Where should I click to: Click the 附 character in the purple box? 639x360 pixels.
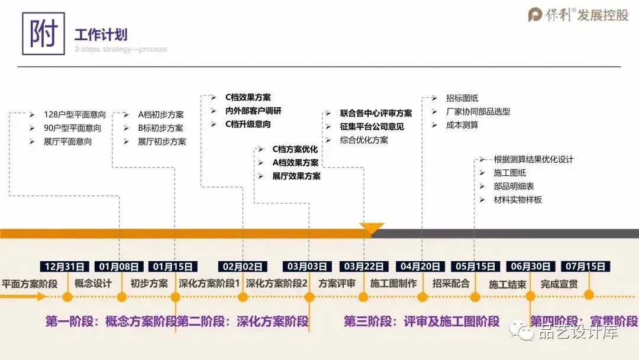tap(43, 34)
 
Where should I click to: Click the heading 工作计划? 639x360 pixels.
tap(101, 35)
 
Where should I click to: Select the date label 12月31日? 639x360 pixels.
tap(64, 266)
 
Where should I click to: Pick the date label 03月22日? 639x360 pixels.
tap(364, 266)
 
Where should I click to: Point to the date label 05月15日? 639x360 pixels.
tap(475, 266)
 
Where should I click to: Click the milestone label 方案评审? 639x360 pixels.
tap(337, 284)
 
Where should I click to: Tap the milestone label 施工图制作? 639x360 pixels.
tap(393, 284)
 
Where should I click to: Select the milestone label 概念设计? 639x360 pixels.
tap(93, 284)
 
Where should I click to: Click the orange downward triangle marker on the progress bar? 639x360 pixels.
tap(372, 228)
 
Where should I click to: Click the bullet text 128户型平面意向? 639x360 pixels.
tap(75, 114)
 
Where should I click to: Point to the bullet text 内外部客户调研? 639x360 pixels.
tap(253, 111)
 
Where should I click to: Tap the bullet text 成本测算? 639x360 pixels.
tap(462, 125)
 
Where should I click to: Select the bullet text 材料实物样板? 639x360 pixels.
tap(518, 200)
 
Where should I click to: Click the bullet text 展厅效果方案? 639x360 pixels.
tap(296, 176)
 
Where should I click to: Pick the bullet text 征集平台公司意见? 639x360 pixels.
tap(372, 127)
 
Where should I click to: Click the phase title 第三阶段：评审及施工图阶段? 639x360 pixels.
tap(422, 322)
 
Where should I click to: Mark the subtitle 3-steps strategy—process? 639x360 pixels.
tap(121, 49)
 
